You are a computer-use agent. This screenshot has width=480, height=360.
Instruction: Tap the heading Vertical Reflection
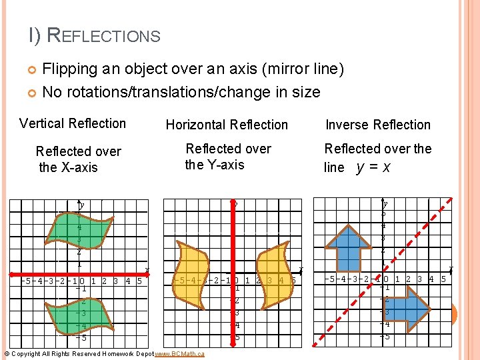point(73,123)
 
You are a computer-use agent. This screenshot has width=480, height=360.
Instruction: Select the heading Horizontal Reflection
point(227,125)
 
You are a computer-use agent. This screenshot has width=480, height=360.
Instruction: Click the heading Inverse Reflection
point(378,125)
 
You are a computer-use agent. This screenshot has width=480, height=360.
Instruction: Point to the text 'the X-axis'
point(68,167)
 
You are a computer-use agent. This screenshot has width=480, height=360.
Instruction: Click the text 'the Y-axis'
point(215,165)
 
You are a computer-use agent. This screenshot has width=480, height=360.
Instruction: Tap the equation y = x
point(373,167)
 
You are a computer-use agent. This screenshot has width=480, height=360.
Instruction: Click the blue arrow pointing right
point(409,308)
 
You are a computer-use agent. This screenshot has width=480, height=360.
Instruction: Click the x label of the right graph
point(451,269)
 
